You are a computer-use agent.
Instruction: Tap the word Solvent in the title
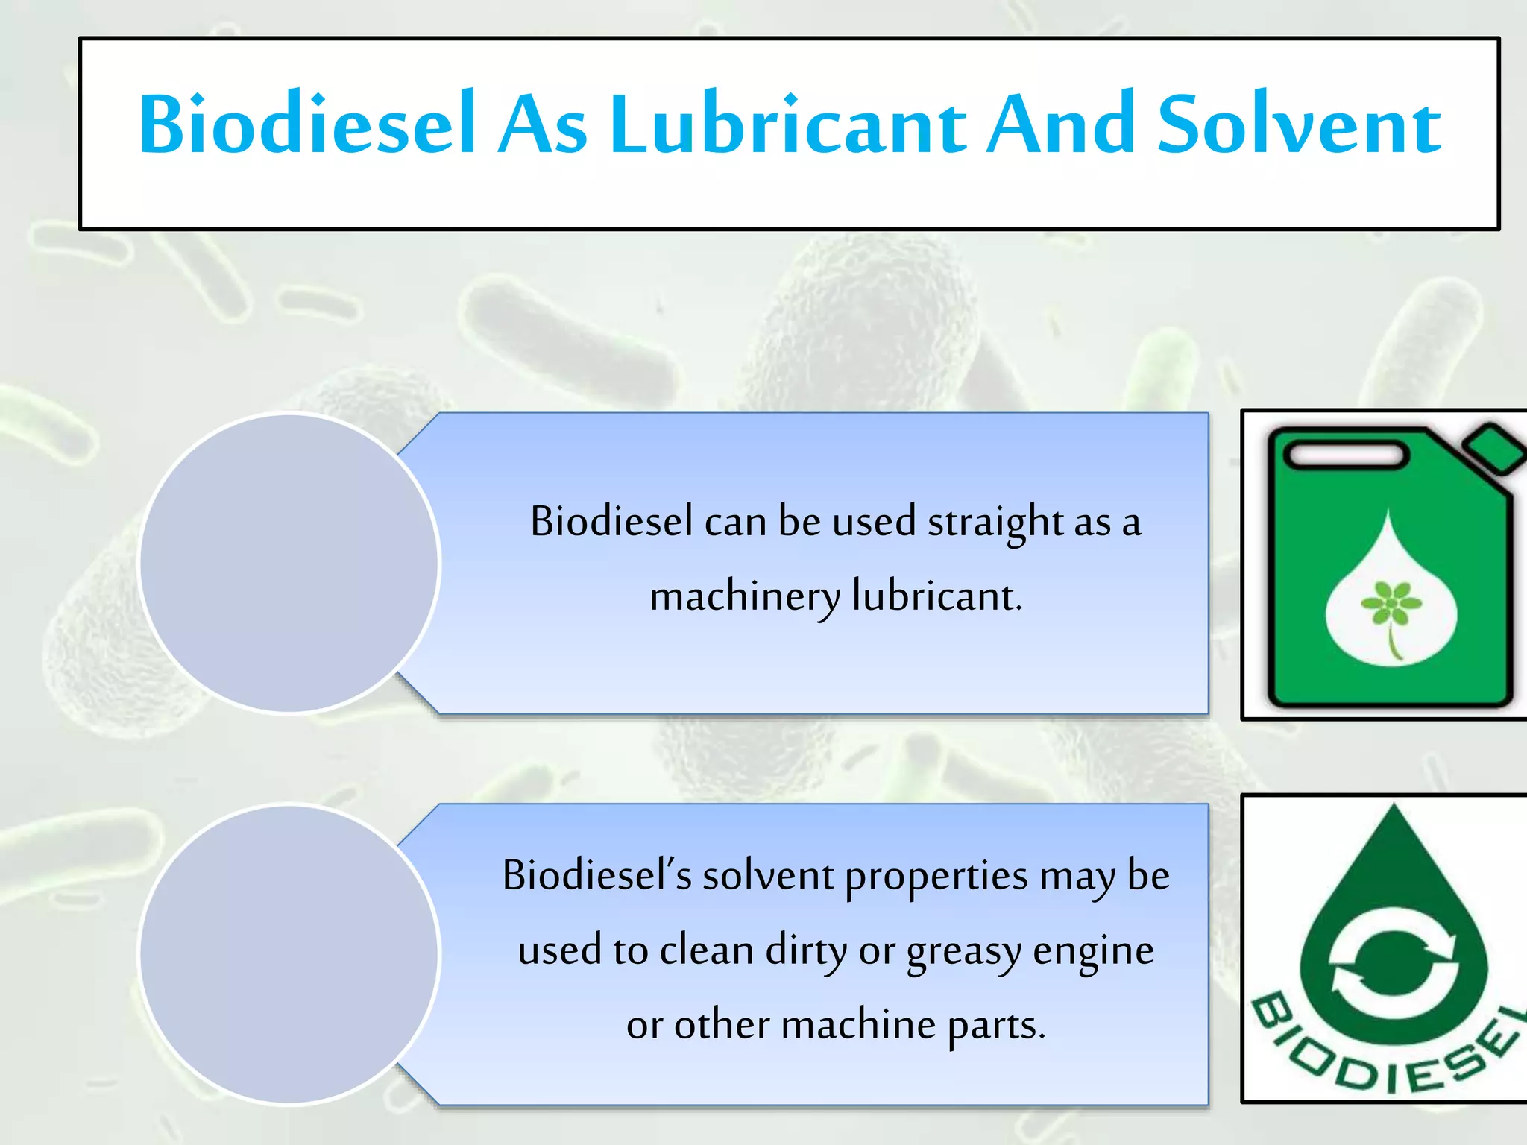point(1299,125)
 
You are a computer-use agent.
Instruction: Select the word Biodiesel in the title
point(306,124)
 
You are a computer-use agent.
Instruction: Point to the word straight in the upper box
point(995,522)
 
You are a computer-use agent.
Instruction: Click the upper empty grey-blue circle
point(289,564)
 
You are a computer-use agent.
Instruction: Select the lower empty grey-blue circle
point(289,954)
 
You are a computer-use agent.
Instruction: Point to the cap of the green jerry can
point(1494,448)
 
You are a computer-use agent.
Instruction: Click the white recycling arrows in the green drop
point(1393,962)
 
